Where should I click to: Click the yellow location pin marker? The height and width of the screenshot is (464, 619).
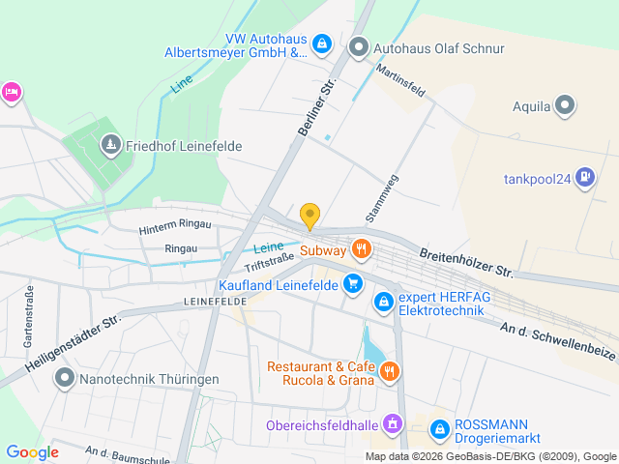(x=309, y=216)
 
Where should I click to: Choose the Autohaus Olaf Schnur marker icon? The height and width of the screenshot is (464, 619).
(x=359, y=46)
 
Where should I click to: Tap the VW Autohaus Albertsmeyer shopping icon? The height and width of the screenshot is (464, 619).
(x=323, y=44)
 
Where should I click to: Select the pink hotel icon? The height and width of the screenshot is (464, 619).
(x=12, y=92)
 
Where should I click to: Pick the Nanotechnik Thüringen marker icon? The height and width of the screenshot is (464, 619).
(x=65, y=378)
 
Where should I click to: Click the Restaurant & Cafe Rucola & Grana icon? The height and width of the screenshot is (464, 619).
(x=391, y=370)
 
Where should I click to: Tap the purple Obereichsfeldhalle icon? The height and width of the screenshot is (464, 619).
(x=392, y=423)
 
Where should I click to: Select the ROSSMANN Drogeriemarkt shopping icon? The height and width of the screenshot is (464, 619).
(x=439, y=425)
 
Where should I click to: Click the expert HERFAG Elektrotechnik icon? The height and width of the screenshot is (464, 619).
(x=384, y=303)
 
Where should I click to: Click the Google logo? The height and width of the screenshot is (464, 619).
(x=32, y=452)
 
